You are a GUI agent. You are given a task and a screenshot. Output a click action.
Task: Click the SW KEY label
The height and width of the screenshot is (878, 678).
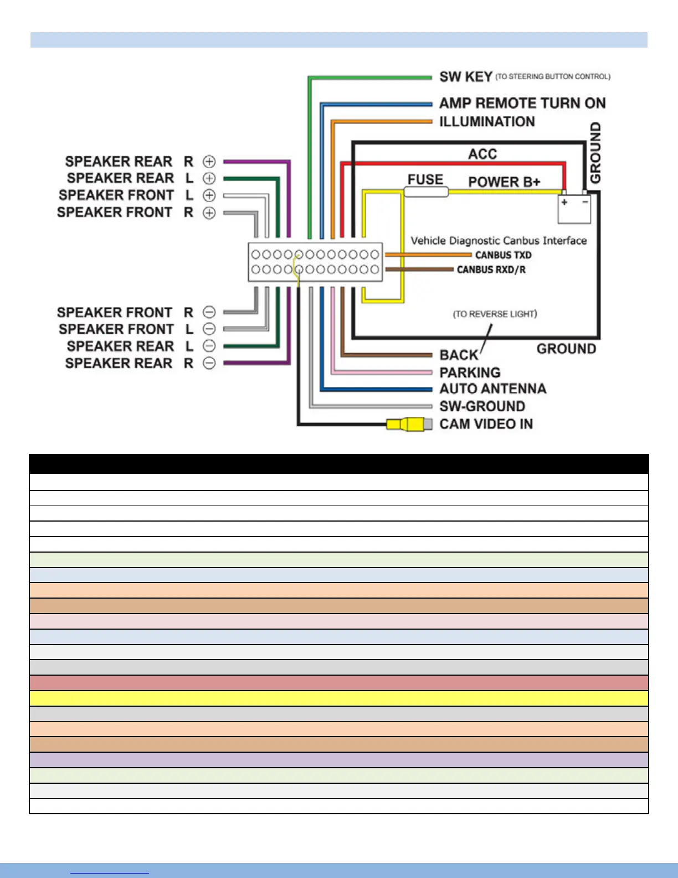[466, 77]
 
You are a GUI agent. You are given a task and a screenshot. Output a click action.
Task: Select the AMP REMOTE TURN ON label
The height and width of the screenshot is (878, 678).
[522, 103]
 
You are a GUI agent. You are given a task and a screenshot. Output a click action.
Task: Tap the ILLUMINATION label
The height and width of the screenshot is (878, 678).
[487, 121]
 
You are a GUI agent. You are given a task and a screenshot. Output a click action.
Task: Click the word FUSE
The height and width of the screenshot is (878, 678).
[425, 180]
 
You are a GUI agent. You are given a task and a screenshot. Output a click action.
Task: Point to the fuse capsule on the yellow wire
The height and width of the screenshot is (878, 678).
[426, 192]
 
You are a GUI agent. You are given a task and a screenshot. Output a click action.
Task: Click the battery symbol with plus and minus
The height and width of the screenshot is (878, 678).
[574, 208]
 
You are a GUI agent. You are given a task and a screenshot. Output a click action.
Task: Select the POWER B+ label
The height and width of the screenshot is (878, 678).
[504, 182]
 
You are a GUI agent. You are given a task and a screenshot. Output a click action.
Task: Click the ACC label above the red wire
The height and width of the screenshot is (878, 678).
[482, 154]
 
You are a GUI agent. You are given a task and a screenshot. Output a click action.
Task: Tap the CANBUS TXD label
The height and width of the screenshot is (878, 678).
[503, 255]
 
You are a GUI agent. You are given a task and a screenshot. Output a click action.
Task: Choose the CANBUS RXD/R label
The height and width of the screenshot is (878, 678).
[491, 270]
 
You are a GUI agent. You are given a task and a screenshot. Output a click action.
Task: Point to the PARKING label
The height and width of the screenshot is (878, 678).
[470, 372]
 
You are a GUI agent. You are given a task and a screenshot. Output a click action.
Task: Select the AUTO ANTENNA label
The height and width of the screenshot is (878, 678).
[492, 389]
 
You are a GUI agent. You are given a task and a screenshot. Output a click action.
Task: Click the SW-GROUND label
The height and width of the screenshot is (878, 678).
[482, 406]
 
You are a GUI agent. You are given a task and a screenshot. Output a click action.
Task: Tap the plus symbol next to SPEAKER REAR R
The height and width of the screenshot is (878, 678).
[209, 162]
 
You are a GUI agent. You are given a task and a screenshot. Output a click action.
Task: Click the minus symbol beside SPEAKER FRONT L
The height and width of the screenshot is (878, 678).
[209, 329]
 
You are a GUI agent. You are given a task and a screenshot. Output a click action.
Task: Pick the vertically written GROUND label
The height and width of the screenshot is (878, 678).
[595, 152]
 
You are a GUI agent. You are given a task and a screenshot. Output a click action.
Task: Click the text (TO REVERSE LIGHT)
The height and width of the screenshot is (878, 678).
[495, 314]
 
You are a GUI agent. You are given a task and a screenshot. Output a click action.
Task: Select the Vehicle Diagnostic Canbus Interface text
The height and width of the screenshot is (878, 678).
[499, 241]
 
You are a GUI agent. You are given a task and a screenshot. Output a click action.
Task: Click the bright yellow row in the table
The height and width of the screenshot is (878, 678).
[338, 698]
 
